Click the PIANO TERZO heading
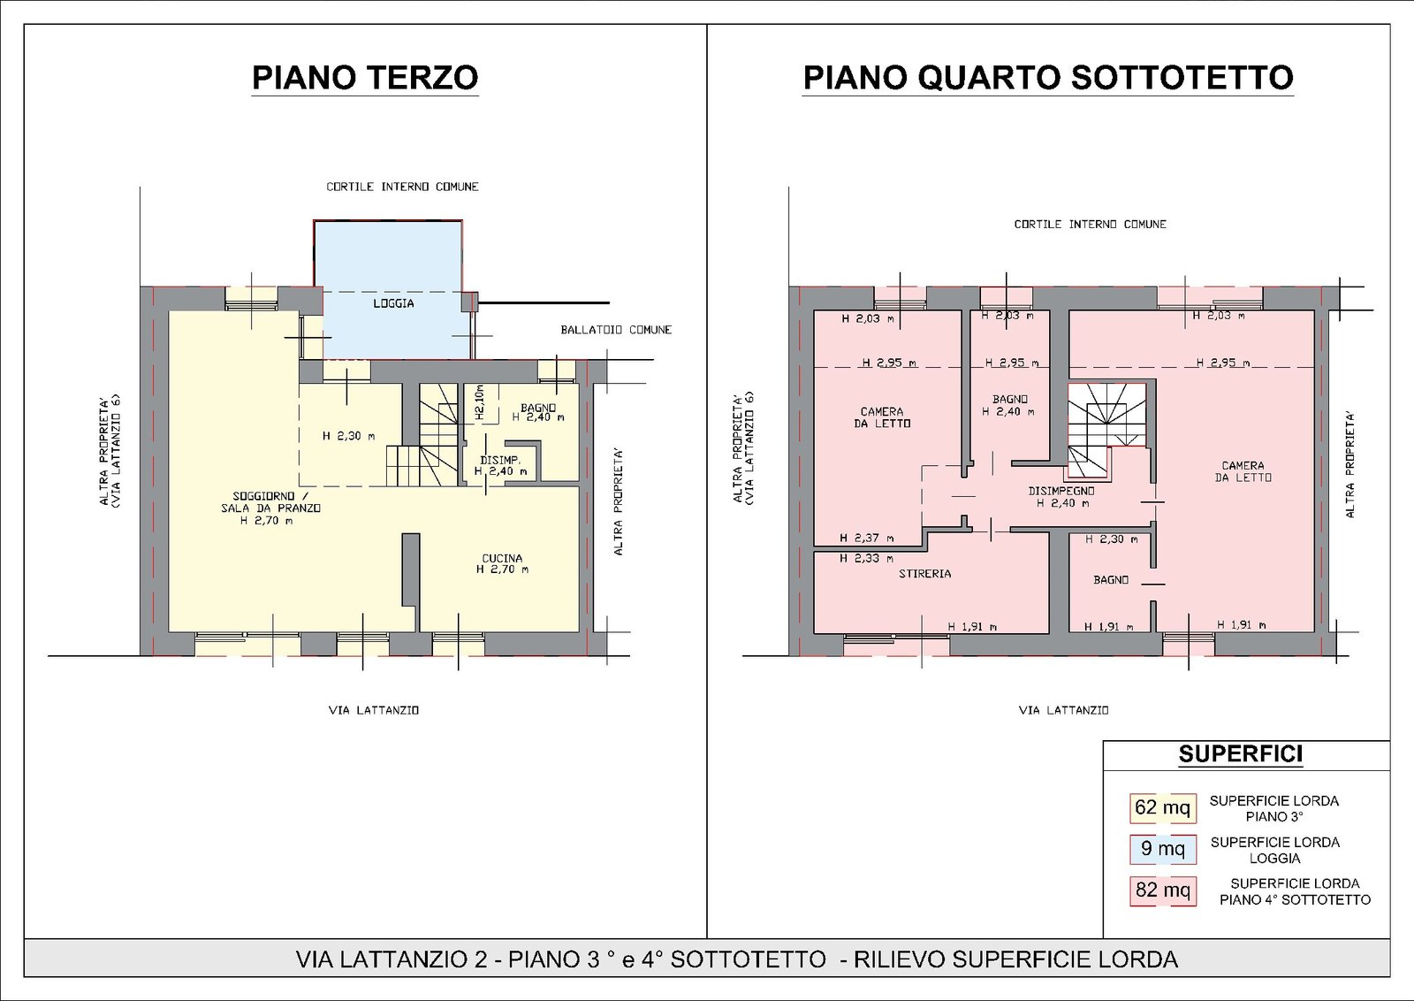click(x=365, y=78)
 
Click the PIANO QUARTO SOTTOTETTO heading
click(x=1048, y=78)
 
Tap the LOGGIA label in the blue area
click(x=393, y=303)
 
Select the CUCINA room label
click(x=502, y=558)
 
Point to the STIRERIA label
click(x=924, y=574)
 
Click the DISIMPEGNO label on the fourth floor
click(x=1061, y=491)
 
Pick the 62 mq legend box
click(x=1162, y=807)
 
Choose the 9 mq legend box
click(x=1162, y=849)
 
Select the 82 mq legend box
click(x=1162, y=890)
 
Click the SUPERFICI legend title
click(x=1241, y=754)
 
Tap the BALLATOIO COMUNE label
click(x=616, y=330)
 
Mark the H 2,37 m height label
click(x=867, y=538)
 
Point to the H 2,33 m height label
click(x=867, y=558)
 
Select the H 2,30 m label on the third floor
click(x=348, y=435)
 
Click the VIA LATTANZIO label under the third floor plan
click(x=374, y=710)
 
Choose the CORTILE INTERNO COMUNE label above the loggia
click(x=402, y=187)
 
